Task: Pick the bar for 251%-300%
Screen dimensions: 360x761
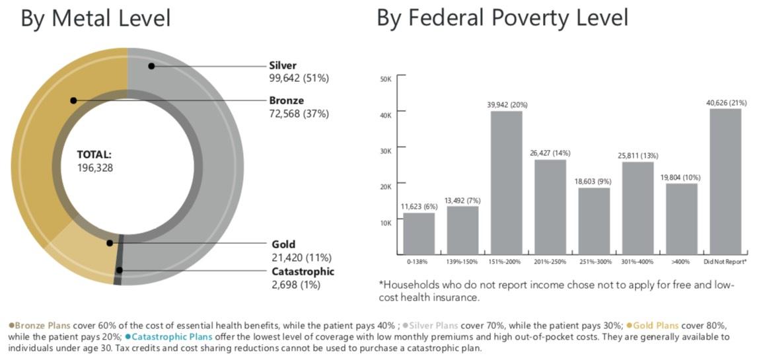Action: (x=594, y=221)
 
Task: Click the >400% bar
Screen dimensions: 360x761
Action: (x=681, y=219)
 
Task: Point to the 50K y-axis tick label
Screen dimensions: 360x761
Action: (x=386, y=79)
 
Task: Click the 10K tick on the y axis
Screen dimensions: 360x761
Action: (x=386, y=223)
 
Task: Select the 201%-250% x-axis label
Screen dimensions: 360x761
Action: (x=550, y=262)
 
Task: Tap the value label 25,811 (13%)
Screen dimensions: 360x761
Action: (x=637, y=155)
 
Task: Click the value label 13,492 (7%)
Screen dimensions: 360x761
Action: (x=462, y=200)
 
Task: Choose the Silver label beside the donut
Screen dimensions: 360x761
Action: (x=283, y=65)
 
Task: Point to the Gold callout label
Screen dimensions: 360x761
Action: (x=283, y=244)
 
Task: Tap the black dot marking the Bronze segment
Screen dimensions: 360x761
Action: (x=73, y=100)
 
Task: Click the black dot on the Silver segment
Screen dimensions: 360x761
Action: (x=151, y=65)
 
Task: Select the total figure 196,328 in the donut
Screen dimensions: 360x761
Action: (x=95, y=168)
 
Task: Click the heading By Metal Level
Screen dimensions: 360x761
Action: (x=96, y=18)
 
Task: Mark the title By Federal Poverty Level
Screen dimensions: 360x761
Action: (x=502, y=18)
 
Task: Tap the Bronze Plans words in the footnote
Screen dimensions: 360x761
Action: (x=40, y=326)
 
